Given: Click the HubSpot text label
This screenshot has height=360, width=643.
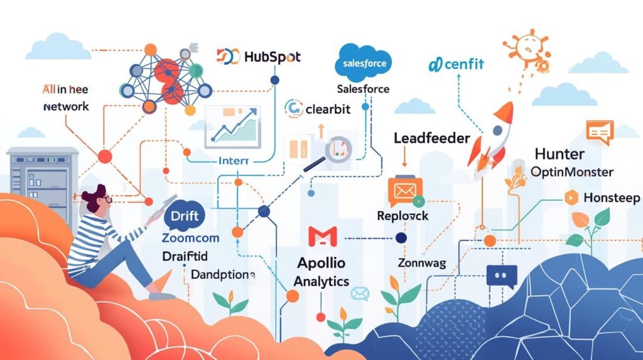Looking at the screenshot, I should (272, 57).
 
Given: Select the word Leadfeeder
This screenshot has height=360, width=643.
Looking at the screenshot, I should (431, 138).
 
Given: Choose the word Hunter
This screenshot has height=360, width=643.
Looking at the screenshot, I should (559, 154).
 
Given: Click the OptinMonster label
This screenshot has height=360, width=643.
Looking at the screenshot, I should (571, 172).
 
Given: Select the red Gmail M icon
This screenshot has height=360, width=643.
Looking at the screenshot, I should (323, 236).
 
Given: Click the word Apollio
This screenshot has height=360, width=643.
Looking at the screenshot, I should (321, 264).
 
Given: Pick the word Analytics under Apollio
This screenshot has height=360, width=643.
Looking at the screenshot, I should (321, 281).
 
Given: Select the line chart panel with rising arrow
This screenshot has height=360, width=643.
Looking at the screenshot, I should (232, 124).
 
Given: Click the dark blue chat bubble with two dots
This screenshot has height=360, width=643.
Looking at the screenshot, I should (501, 276).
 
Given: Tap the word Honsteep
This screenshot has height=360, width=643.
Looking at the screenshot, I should (611, 198).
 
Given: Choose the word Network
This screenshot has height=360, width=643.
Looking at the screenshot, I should (66, 107).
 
